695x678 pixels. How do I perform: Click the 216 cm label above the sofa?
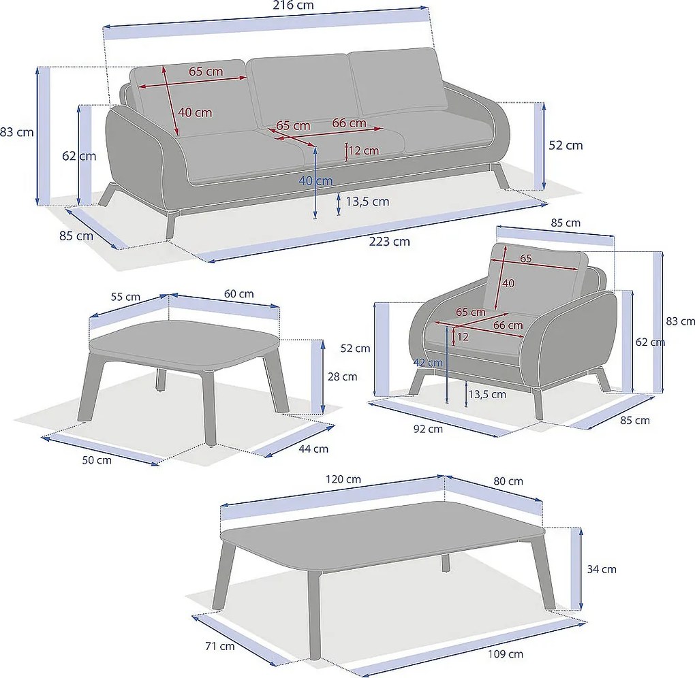pos(293,5)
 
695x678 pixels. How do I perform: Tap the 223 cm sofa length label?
pos(389,242)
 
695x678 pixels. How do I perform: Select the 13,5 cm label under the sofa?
pos(367,201)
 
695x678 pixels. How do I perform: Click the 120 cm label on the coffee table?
pos(343,479)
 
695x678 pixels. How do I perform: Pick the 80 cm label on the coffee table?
pos(508,481)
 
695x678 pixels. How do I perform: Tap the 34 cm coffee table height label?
pos(602,569)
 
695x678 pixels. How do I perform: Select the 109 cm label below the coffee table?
pos(506,653)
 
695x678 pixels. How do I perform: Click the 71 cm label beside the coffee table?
pos(220,646)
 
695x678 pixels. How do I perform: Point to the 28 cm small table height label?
pos(342,376)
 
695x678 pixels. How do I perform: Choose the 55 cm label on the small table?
pos(125,297)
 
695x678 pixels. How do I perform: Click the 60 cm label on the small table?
pos(239,293)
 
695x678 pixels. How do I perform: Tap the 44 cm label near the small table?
pos(313,449)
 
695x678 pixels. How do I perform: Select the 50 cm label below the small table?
pos(97,460)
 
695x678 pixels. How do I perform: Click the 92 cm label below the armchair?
pos(428,429)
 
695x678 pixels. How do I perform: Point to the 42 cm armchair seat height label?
pos(428,363)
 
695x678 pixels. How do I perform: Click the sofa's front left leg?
pos(172,224)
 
